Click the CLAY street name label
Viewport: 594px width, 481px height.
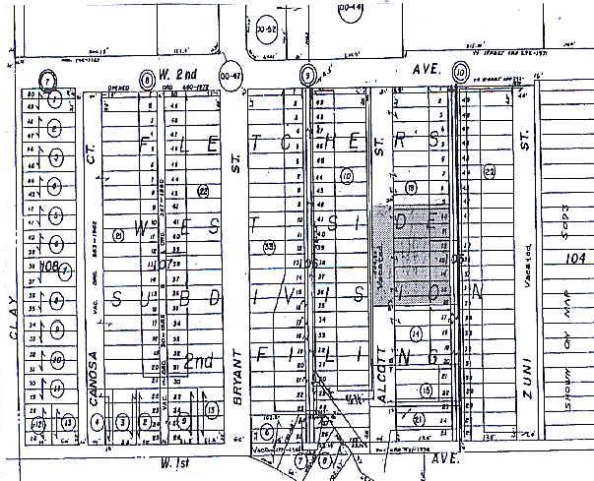14,321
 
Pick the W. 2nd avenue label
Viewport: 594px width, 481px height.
180,75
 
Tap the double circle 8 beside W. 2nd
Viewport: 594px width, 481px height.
147,77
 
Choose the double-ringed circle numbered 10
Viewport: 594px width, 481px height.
460,71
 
